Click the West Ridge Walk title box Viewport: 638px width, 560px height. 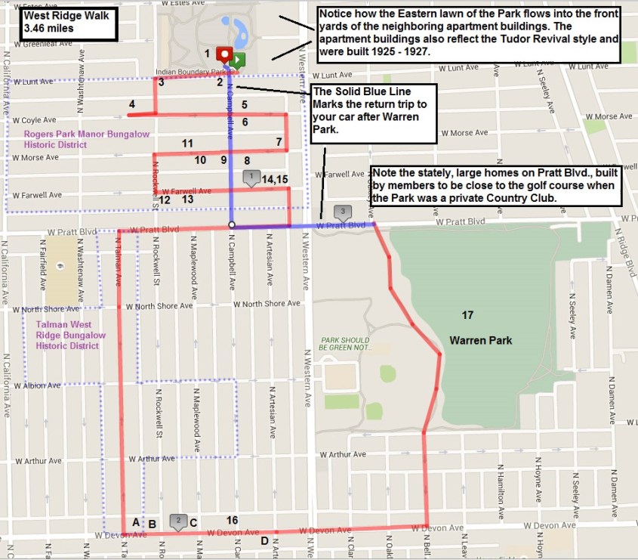[x=66, y=24]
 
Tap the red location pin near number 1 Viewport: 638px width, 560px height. [x=223, y=54]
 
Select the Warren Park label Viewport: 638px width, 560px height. [x=480, y=341]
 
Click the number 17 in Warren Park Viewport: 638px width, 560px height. [x=468, y=314]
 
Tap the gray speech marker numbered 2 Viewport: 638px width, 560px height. [x=177, y=520]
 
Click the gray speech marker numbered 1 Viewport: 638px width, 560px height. [x=251, y=177]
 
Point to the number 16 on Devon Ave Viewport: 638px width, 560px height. [x=232, y=520]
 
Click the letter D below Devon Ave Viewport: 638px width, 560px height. [x=264, y=540]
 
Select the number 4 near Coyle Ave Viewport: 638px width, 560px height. [x=132, y=104]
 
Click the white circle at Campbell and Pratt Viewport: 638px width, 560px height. [x=232, y=225]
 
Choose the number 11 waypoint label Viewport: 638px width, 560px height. [x=188, y=144]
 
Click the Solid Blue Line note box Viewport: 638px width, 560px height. [x=374, y=114]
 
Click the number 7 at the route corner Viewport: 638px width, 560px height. [x=279, y=141]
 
